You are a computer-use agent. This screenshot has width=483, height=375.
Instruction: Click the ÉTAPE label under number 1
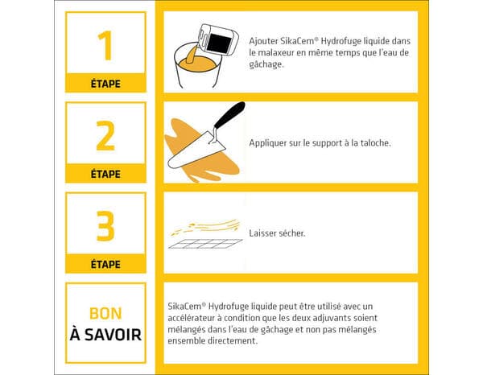[105, 83]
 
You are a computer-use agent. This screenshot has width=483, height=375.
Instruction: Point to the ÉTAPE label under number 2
[105, 173]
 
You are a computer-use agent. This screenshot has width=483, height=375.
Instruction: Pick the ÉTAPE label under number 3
[105, 263]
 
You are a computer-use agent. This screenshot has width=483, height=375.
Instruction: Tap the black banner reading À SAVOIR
[105, 333]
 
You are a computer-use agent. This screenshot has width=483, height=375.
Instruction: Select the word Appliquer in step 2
[267, 142]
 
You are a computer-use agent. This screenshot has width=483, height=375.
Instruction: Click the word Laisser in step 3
[262, 233]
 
